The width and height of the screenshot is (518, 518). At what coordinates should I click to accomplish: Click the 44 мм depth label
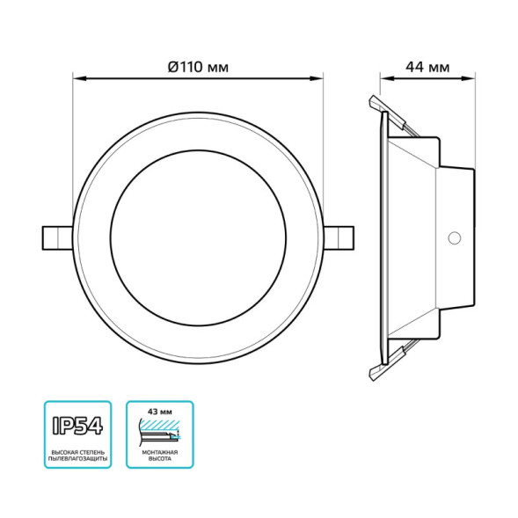click(427, 67)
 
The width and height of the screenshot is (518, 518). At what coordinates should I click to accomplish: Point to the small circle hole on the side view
click(455, 237)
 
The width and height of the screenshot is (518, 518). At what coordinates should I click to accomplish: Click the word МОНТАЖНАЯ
click(159, 451)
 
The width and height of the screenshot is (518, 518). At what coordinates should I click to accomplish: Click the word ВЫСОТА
click(159, 460)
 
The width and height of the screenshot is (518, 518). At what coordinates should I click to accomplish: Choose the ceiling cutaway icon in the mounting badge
click(159, 432)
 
